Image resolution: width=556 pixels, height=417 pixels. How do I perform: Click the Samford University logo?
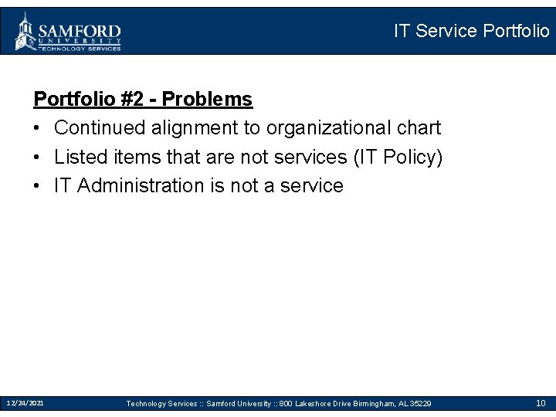[68, 32]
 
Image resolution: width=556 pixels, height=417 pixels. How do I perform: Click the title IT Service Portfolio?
[471, 31]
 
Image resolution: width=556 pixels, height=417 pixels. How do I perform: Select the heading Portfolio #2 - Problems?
[143, 99]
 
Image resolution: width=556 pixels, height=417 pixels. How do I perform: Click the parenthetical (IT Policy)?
[398, 157]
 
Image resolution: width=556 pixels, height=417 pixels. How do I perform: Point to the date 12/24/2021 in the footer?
[25, 403]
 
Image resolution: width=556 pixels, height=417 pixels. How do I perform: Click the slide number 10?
[541, 403]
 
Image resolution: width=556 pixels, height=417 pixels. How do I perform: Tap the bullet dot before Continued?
[38, 128]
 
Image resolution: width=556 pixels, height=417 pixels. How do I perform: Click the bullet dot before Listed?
[38, 158]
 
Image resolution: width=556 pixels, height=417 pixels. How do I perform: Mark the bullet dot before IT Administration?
[38, 186]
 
